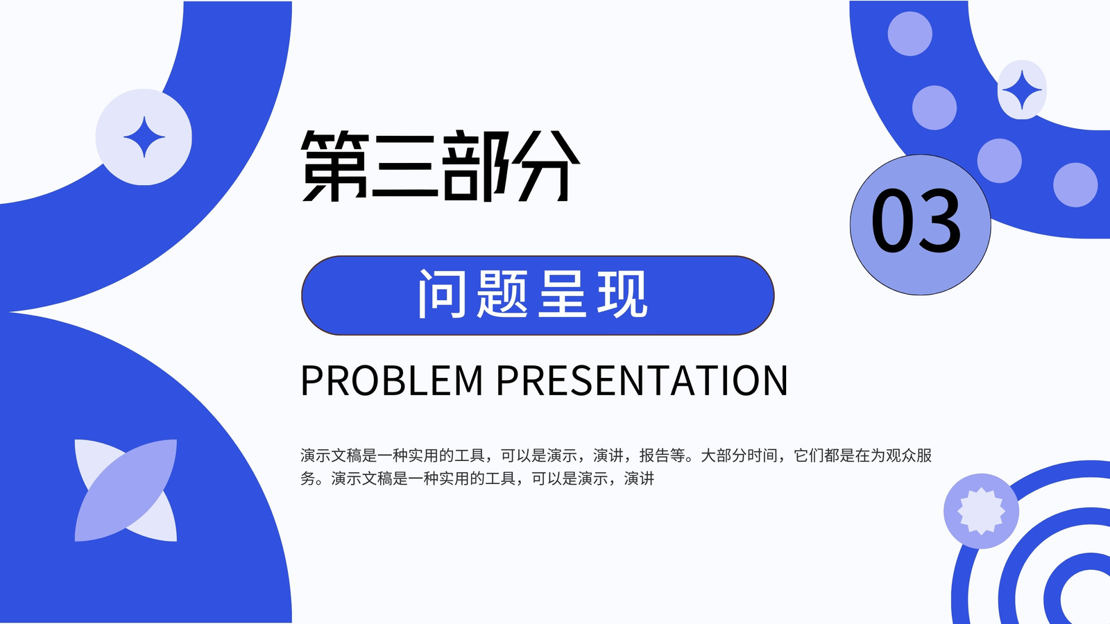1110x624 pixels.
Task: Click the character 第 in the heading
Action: tap(335, 166)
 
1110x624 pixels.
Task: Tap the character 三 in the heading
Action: tap(405, 166)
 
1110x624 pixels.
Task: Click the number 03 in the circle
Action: tap(916, 221)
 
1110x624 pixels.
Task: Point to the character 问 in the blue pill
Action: tap(442, 294)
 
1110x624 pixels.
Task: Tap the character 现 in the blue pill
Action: tap(622, 294)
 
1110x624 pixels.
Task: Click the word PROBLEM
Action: tap(391, 381)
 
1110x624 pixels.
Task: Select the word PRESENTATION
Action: tap(642, 381)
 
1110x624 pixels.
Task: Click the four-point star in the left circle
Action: tap(144, 137)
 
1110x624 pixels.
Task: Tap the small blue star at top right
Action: tap(1022, 89)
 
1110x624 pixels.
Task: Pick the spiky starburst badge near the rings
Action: tap(981, 511)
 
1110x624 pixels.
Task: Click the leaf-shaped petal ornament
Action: tap(126, 490)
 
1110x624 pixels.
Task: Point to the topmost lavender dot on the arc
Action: tap(910, 34)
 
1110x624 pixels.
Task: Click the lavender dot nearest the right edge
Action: tap(1075, 184)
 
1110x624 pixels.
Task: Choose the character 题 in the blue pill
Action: tap(502, 294)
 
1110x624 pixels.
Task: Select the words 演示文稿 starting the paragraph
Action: tap(330, 455)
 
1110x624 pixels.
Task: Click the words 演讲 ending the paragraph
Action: tap(639, 478)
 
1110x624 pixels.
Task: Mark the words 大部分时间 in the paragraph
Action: tap(738, 455)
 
